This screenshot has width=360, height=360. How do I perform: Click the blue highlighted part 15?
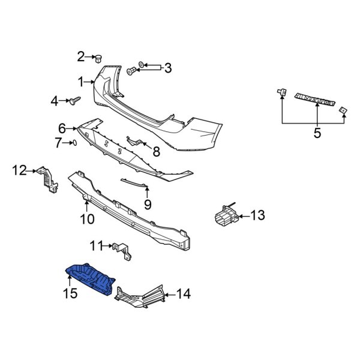pyautogui.click(x=90, y=278)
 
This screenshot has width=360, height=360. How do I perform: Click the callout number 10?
pyautogui.click(x=87, y=219)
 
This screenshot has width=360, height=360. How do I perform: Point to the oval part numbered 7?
pyautogui.click(x=73, y=143)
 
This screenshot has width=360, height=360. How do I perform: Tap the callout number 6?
pyautogui.click(x=62, y=128)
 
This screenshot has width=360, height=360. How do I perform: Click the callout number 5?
pyautogui.click(x=317, y=133)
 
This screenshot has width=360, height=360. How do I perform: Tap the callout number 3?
pyautogui.click(x=167, y=67)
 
